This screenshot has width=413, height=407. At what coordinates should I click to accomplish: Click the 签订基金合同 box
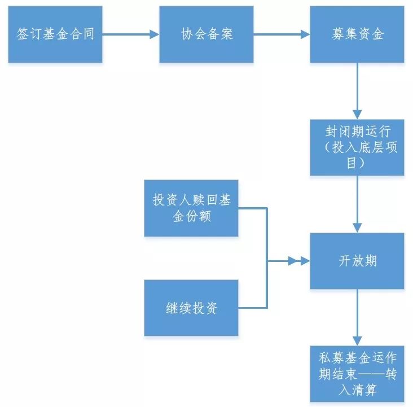point(55,34)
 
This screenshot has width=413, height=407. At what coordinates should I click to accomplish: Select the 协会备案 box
point(206,34)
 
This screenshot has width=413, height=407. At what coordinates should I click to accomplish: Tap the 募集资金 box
point(357,34)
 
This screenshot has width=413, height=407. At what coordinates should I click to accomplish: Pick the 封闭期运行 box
point(357,147)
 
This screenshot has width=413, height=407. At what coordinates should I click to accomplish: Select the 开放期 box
point(357,261)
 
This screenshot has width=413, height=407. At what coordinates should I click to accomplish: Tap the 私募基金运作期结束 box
point(357,373)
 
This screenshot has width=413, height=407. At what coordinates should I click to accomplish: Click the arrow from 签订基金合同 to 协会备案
point(130,34)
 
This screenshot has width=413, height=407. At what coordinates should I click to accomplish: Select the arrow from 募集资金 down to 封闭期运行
point(357,90)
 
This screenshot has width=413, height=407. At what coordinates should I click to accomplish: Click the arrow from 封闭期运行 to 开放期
point(357,203)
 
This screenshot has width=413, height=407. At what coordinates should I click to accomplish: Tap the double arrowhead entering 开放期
point(298,261)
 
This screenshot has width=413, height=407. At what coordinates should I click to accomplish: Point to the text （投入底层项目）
point(357,155)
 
